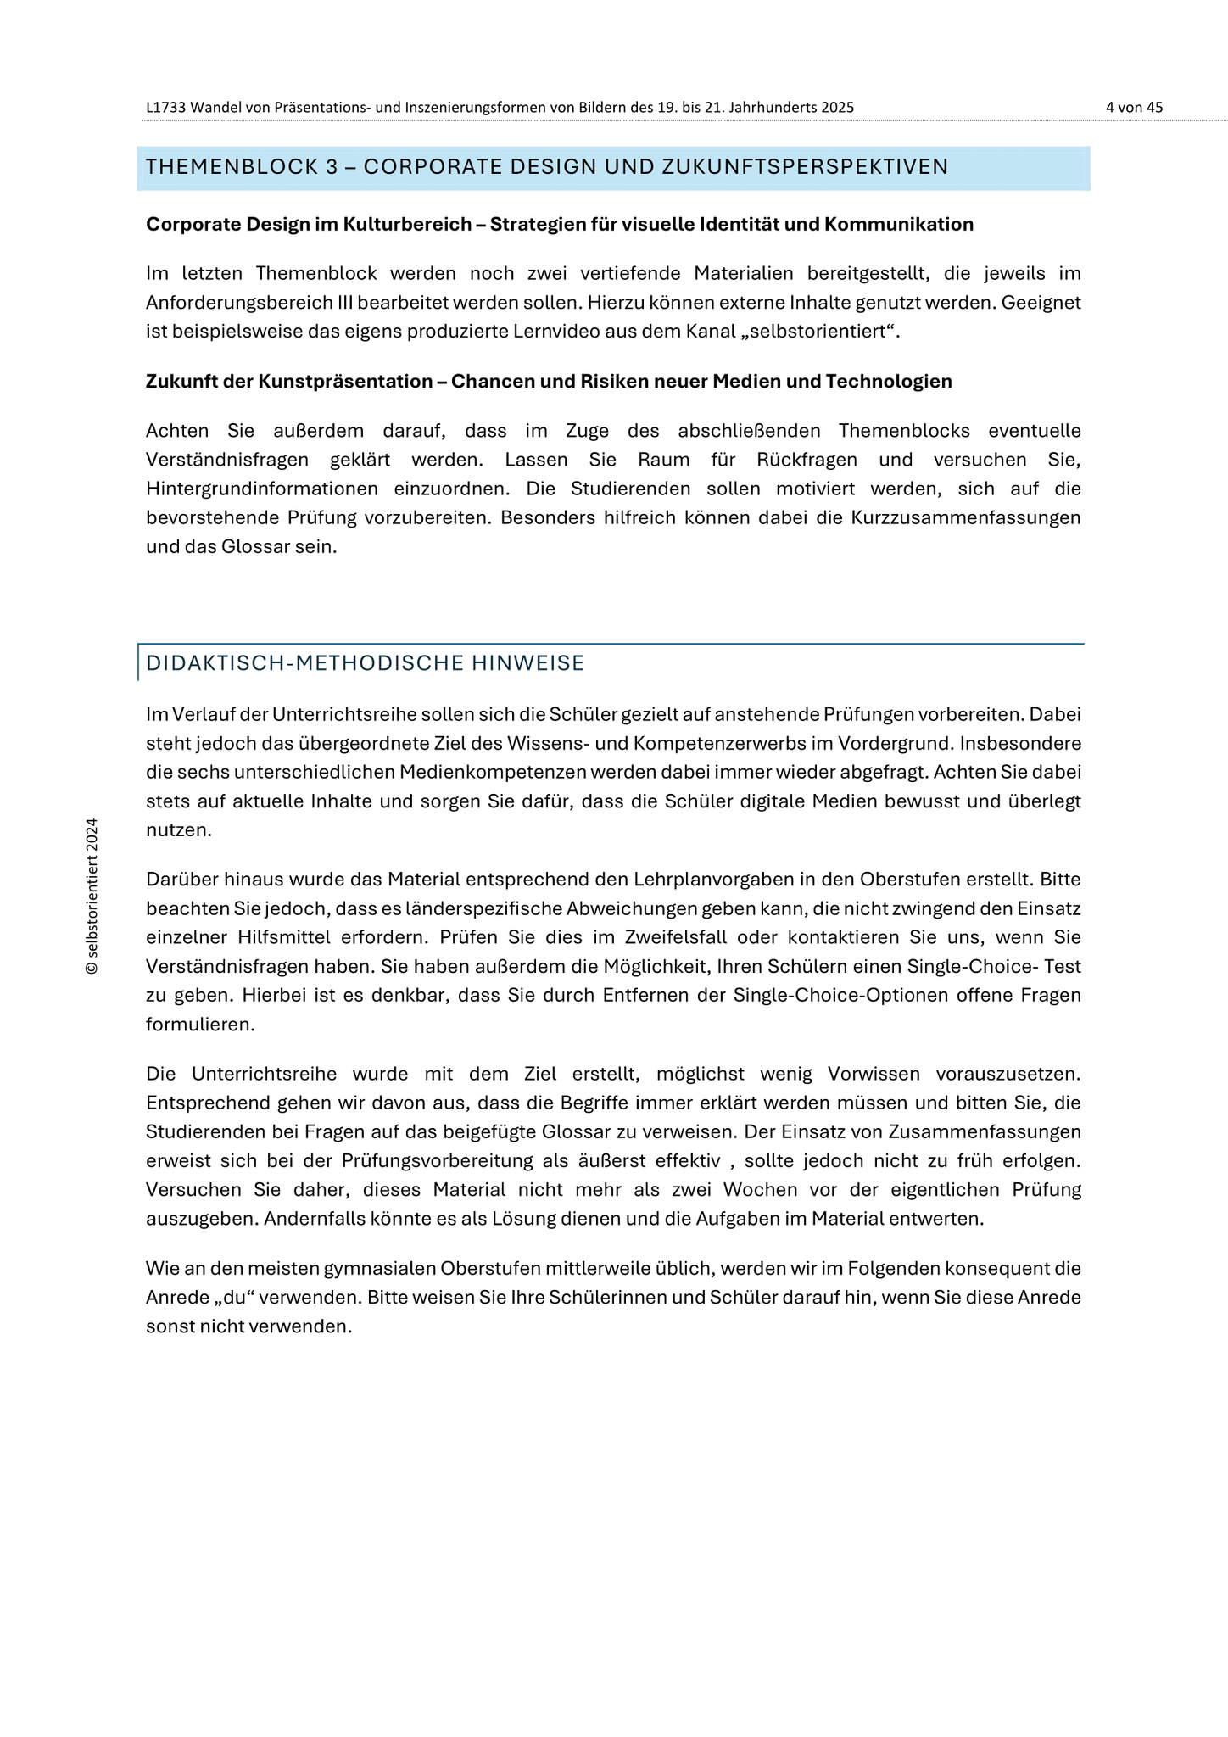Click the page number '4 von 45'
[1134, 108]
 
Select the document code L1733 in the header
[166, 108]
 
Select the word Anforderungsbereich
[240, 303]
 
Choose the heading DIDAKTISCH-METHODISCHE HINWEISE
[366, 663]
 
